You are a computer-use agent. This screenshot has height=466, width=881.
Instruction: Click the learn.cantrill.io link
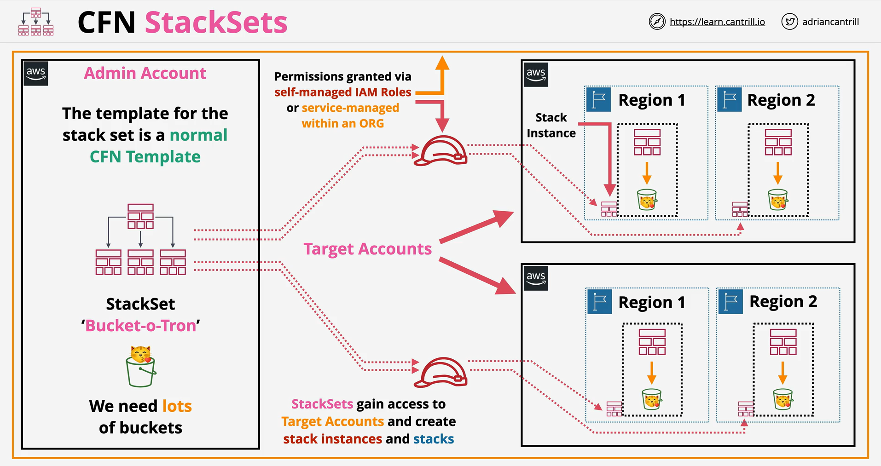point(717,22)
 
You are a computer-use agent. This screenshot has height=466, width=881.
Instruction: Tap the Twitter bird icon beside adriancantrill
point(789,22)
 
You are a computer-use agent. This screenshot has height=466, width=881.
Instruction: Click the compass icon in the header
point(657,22)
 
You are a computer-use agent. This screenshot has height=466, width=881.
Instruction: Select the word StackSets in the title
point(216,22)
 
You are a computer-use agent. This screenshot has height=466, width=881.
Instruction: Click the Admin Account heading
point(145,73)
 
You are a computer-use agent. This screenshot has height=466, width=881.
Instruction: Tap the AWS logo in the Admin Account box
point(36,74)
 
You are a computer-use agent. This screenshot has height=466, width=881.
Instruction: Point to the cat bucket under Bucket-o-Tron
point(141,366)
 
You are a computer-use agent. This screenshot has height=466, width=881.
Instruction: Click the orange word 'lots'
point(177,406)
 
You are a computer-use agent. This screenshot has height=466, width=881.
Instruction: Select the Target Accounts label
point(367,249)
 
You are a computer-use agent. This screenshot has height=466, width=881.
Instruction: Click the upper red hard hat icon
point(440,150)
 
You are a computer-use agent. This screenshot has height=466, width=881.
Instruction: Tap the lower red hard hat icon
point(441,372)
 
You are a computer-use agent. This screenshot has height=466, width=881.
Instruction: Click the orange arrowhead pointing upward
point(442,63)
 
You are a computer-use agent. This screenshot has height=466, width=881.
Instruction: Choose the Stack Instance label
point(551,125)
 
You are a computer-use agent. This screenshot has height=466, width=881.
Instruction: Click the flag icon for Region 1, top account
point(598,99)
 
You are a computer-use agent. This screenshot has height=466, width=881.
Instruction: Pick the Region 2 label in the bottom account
point(783,301)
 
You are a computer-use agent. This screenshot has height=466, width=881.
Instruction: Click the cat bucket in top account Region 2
point(778,199)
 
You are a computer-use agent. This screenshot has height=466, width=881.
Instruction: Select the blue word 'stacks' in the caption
point(434,439)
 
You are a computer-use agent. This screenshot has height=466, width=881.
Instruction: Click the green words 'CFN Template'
point(145,157)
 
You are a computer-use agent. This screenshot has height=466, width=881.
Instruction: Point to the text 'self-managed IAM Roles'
point(343,92)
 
